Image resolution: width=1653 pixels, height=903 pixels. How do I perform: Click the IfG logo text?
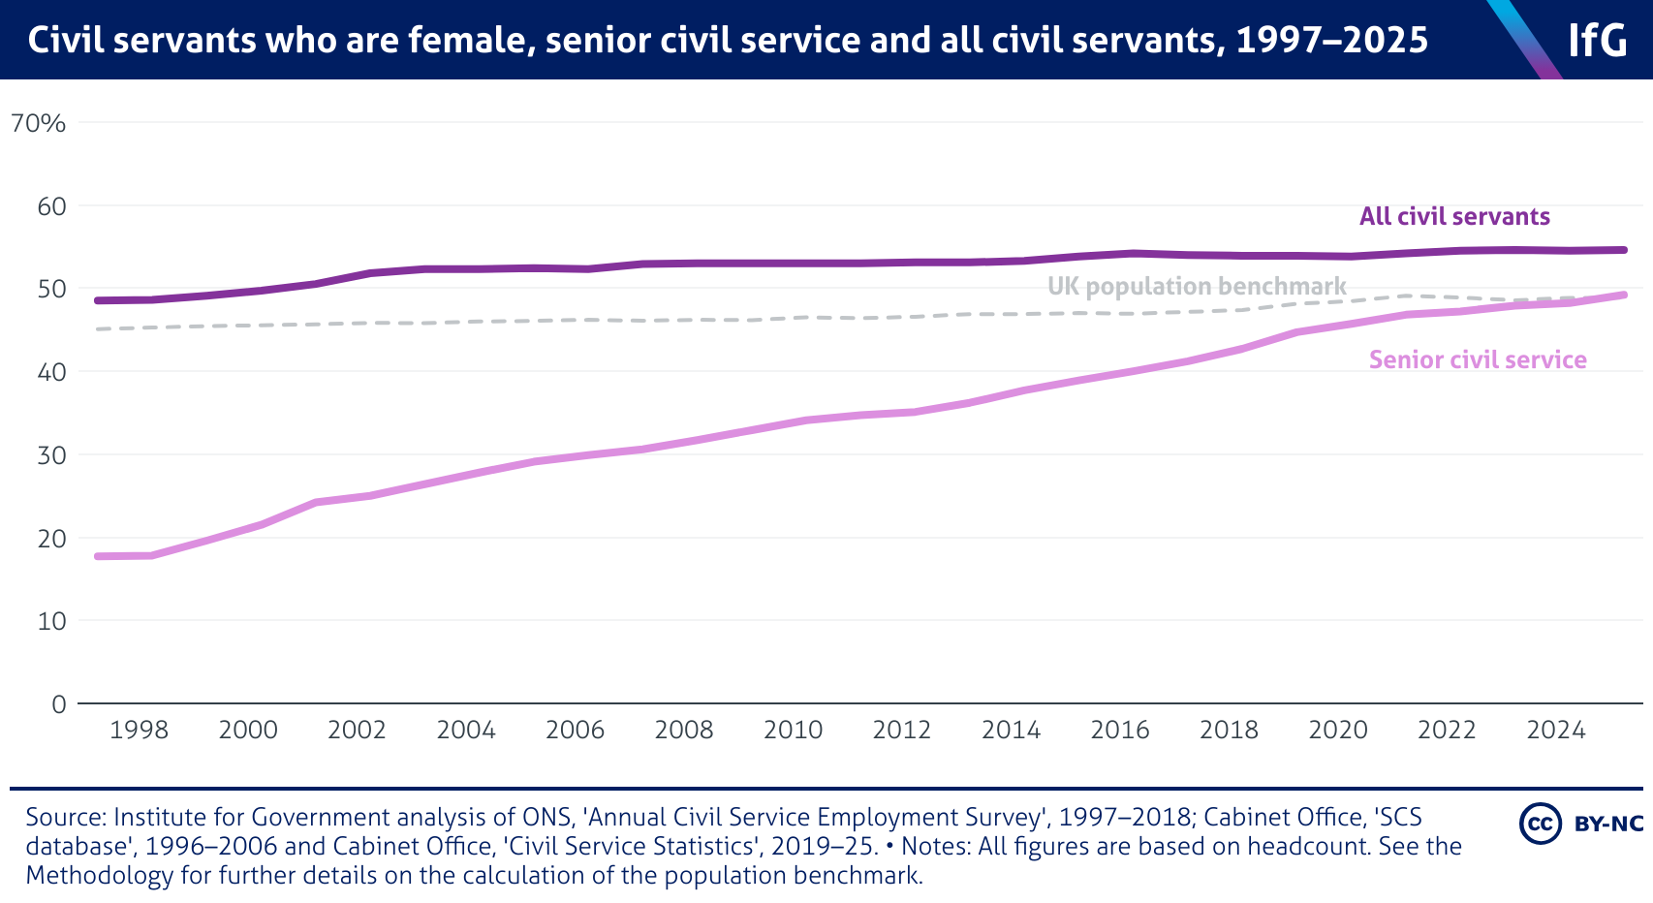coord(1598,41)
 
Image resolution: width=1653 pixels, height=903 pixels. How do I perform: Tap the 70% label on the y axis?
coord(39,123)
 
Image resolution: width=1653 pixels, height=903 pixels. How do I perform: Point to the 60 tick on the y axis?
coord(51,206)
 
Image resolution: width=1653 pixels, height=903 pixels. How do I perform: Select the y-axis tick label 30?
coord(51,454)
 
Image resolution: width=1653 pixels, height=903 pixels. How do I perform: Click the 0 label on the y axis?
coord(59,704)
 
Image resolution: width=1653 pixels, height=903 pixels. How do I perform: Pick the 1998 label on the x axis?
coord(139,730)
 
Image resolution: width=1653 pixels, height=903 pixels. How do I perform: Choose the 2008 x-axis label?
coord(684,730)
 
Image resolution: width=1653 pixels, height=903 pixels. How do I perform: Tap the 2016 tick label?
coord(1120,730)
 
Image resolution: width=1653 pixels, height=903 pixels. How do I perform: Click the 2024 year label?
coord(1556,730)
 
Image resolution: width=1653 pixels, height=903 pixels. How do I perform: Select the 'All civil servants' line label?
coord(1454,216)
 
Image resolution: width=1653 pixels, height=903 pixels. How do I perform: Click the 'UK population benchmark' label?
coord(1197,286)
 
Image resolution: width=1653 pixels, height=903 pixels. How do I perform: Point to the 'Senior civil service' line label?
coord(1478,359)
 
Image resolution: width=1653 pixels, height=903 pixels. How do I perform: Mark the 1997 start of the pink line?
coord(98,556)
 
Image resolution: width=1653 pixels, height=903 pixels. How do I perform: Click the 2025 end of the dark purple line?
coord(1624,250)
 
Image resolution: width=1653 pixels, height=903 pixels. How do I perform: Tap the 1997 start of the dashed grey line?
coord(98,329)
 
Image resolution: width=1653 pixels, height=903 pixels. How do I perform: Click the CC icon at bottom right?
coord(1540,824)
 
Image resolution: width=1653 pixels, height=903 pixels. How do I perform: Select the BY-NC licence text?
coord(1608,824)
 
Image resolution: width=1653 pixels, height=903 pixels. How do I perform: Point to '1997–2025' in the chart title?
coord(1332,40)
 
